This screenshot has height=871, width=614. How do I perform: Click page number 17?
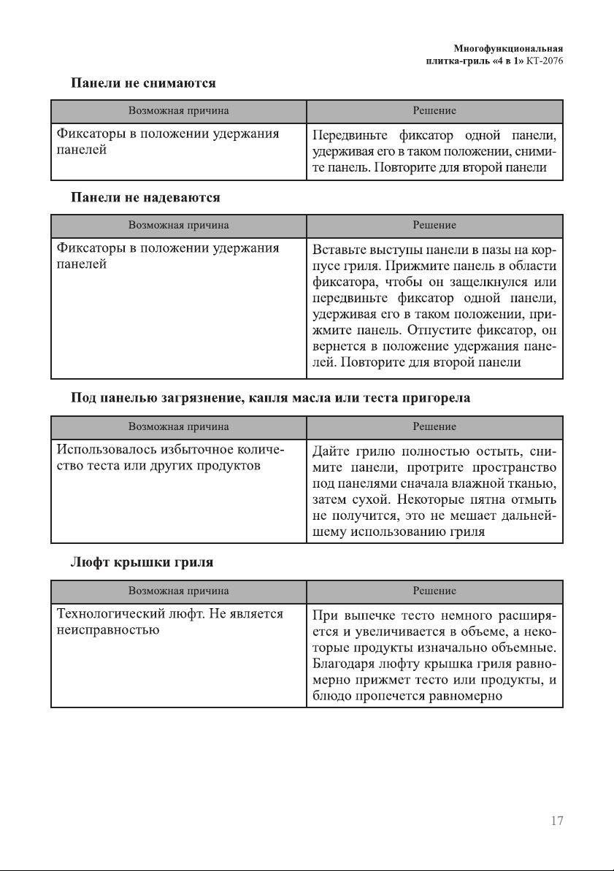click(x=556, y=821)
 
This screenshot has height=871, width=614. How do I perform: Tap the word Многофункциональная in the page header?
click(x=508, y=49)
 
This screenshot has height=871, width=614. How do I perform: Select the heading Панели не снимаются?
click(x=142, y=83)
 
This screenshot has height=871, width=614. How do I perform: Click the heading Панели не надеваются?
click(x=145, y=197)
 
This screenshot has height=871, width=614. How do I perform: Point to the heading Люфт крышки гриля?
click(x=142, y=563)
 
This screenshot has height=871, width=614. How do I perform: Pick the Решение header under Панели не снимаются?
click(x=434, y=111)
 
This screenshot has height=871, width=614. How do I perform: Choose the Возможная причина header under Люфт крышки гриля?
click(x=178, y=591)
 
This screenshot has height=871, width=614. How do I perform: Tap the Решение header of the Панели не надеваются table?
click(x=434, y=225)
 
